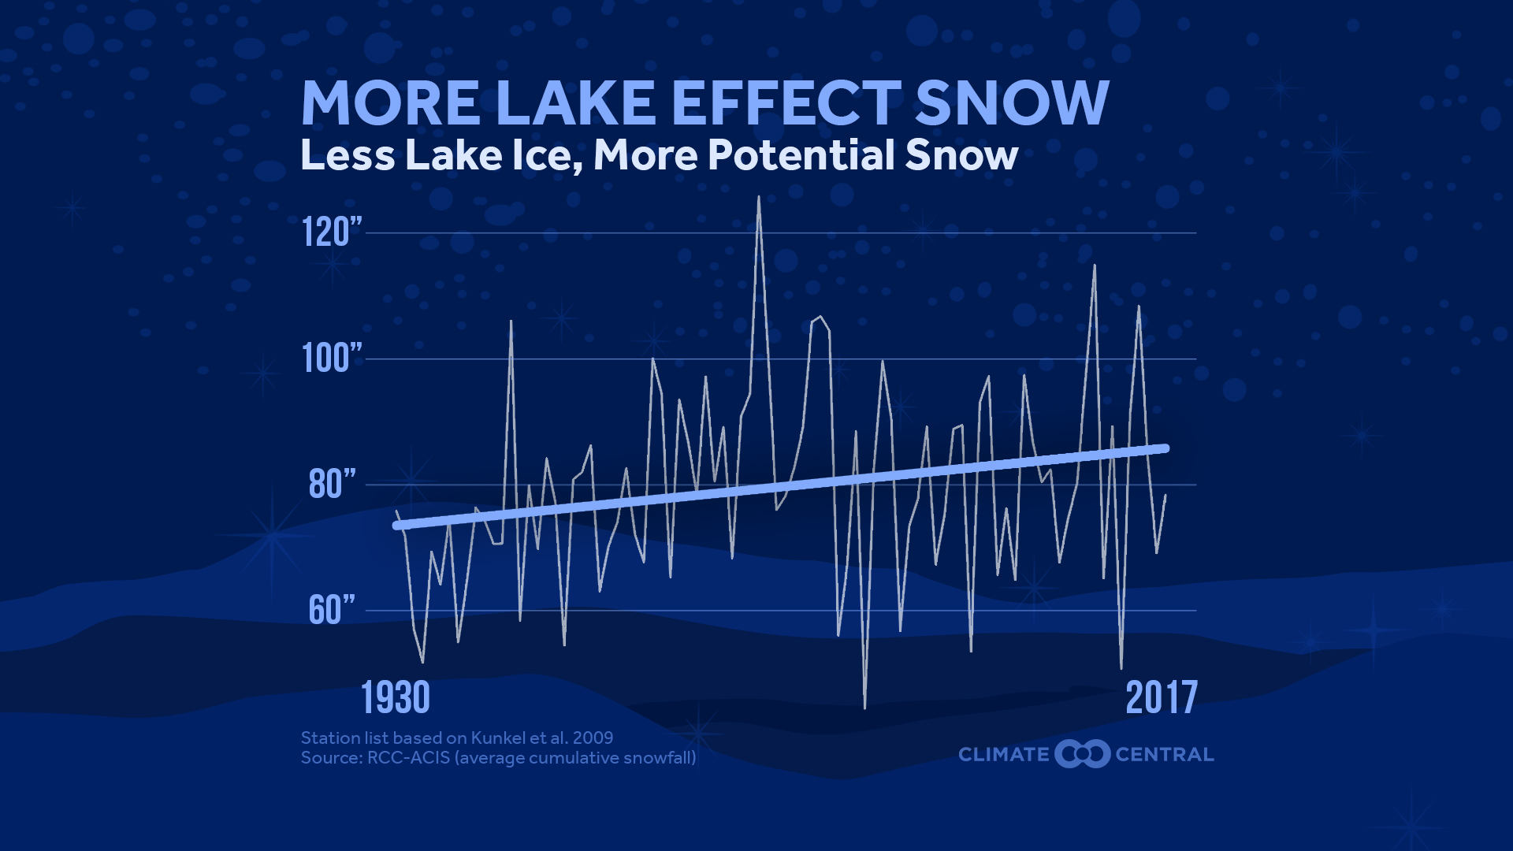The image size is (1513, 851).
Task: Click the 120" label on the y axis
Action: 332,232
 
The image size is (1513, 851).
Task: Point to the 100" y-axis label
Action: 332,359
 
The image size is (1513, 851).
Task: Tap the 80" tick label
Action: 332,485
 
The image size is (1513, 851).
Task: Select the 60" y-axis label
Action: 332,610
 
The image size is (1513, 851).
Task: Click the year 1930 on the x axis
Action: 396,698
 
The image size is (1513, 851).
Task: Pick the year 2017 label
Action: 1162,698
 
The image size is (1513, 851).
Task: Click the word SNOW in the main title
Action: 1012,103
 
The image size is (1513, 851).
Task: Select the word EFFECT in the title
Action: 786,103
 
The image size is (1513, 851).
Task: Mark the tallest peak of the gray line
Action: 759,197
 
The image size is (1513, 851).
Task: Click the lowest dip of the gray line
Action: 864,707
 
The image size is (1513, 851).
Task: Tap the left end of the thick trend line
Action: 397,526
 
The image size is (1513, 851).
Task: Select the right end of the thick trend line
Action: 1165,448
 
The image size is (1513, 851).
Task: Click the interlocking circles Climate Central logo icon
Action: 1083,754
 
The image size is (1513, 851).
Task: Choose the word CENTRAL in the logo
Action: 1164,755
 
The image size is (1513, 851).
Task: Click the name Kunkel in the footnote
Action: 498,738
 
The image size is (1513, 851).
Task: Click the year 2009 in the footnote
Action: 593,738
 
